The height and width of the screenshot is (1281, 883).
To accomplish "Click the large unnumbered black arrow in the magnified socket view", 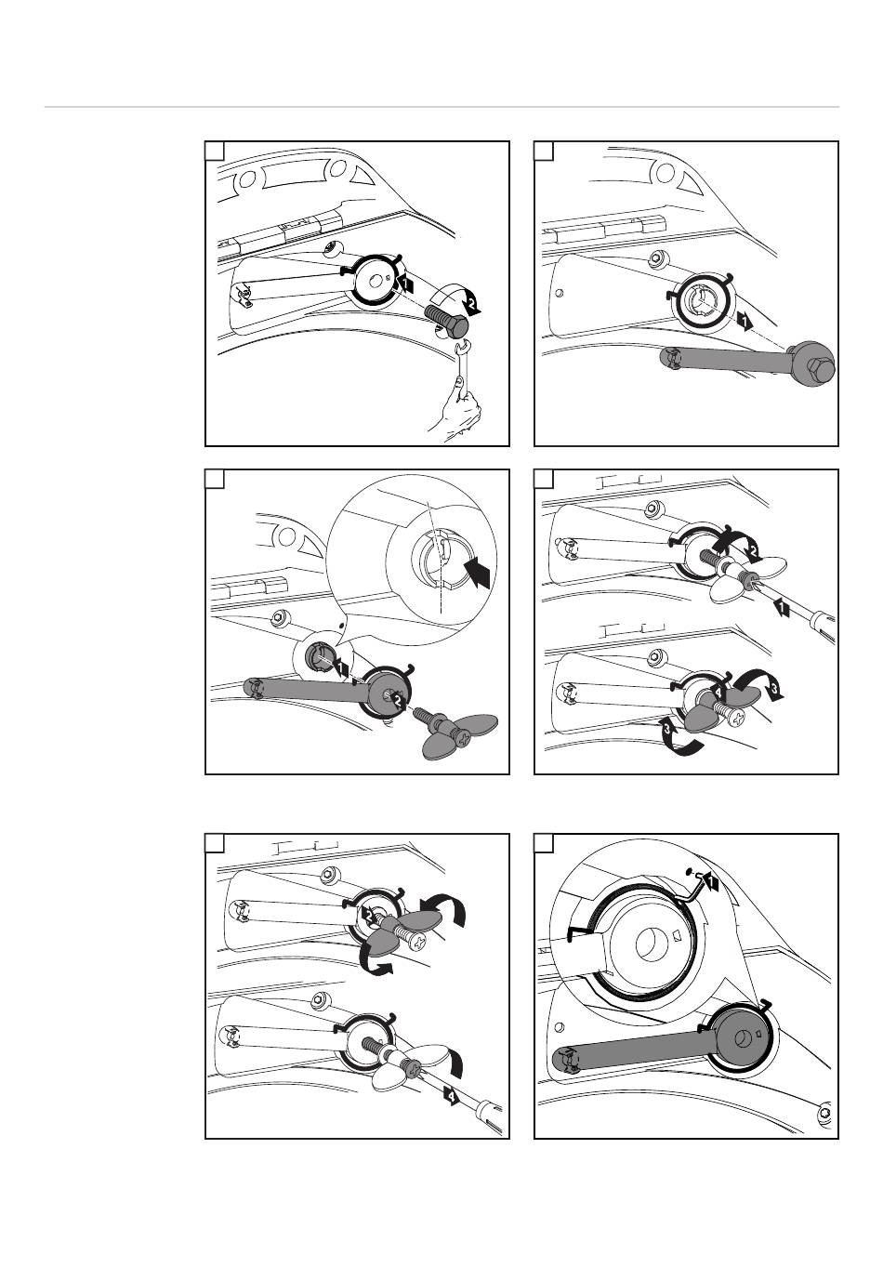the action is (477, 573).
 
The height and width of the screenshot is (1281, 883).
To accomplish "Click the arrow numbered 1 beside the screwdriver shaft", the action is (781, 607).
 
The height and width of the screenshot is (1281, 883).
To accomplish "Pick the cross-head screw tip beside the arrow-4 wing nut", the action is (738, 716).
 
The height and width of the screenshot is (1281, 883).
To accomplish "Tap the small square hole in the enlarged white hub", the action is (677, 935).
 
